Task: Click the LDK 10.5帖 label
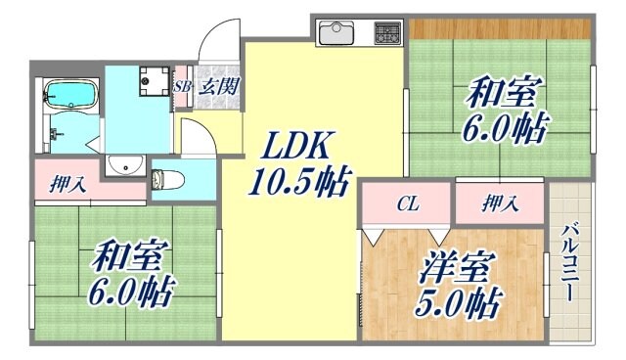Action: [x=300, y=164]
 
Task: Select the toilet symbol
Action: [x=164, y=180]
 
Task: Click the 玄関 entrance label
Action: [x=215, y=86]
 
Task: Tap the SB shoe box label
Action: [x=182, y=86]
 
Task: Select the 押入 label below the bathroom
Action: [x=67, y=184]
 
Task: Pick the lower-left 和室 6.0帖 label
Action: [x=129, y=274]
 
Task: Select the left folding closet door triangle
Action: [x=372, y=236]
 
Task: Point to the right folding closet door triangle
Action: [x=436, y=236]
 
